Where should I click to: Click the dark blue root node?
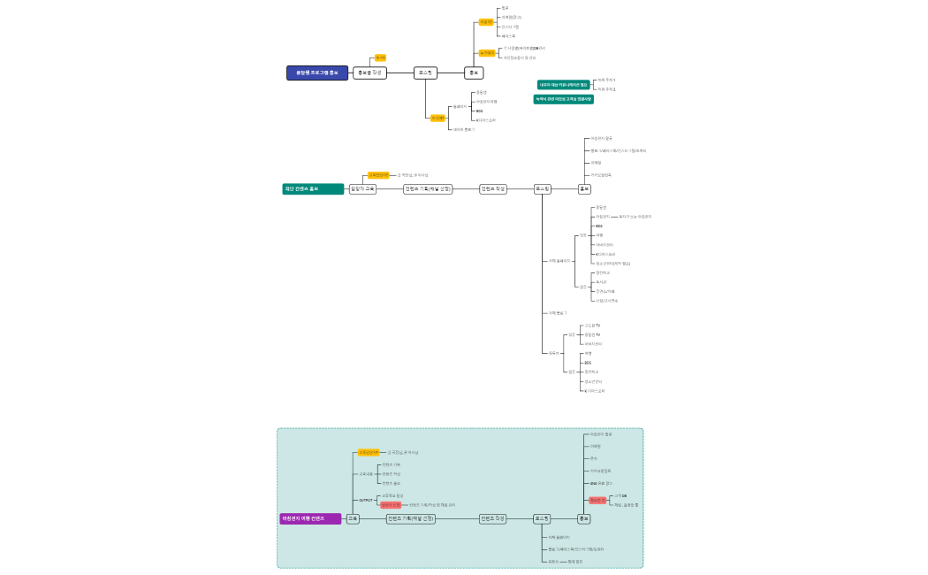pos(317,73)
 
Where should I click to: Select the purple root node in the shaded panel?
pos(310,518)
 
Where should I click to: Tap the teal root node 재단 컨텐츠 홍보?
pos(313,188)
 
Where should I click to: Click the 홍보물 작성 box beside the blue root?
pos(369,73)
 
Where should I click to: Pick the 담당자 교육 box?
pos(362,188)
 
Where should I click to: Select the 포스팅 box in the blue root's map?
pos(426,73)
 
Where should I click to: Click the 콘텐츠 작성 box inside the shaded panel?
pos(493,518)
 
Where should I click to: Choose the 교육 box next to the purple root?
pos(353,518)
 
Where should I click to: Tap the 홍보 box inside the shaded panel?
pos(583,518)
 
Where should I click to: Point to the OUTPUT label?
pos(365,500)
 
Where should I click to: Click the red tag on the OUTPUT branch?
pos(391,504)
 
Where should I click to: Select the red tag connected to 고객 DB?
pos(598,500)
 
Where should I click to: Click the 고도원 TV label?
pos(592,326)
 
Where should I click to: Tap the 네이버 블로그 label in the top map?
pos(463,129)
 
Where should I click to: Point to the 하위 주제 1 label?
pos(606,80)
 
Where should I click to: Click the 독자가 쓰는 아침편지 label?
pos(635,216)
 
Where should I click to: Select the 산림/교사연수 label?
pos(606,301)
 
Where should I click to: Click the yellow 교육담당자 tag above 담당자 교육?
pos(378,175)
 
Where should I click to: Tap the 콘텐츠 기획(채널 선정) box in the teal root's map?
pos(428,188)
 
